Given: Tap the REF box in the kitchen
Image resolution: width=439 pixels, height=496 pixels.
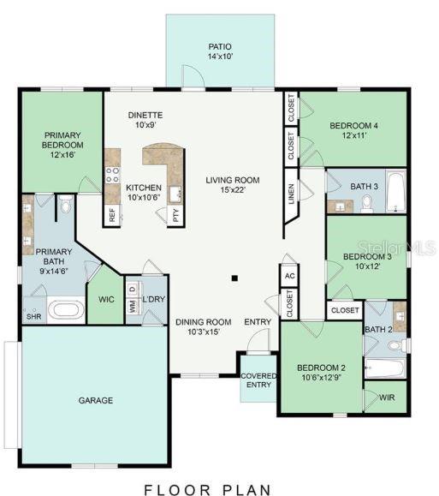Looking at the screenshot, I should [111, 214].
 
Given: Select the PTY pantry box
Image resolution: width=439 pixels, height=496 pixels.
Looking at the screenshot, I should [175, 214].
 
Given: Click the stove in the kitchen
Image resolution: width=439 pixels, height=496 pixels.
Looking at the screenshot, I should [111, 176].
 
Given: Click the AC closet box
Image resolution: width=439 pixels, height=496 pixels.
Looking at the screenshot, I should [289, 276].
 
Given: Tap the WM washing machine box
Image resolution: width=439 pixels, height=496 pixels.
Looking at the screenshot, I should [132, 306].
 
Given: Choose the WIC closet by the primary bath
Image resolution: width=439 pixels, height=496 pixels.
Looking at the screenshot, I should [105, 300].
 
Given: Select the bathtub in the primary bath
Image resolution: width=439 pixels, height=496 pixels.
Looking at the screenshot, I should [64, 308].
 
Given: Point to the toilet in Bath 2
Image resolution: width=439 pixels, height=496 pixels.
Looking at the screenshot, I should [395, 345].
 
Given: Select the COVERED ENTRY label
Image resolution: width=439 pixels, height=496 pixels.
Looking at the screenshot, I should [257, 380].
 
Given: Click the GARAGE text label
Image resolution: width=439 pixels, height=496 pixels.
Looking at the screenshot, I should [96, 400].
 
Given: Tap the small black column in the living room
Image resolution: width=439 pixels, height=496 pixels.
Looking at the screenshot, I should [234, 278].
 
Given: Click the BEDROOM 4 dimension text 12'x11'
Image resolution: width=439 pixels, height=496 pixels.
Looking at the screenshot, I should [353, 135].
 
